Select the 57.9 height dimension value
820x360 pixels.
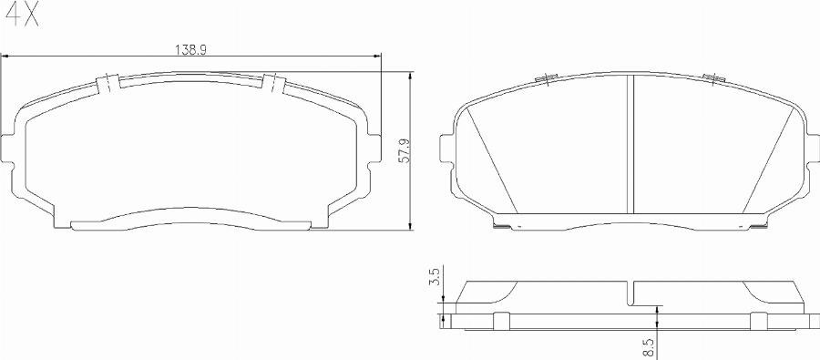click(404, 150)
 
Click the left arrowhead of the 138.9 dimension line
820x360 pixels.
click(8, 57)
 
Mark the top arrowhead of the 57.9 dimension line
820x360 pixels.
click(410, 75)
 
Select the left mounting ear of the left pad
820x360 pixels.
click(9, 150)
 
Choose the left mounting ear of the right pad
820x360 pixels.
click(446, 151)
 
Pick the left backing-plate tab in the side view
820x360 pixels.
click(499, 319)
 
